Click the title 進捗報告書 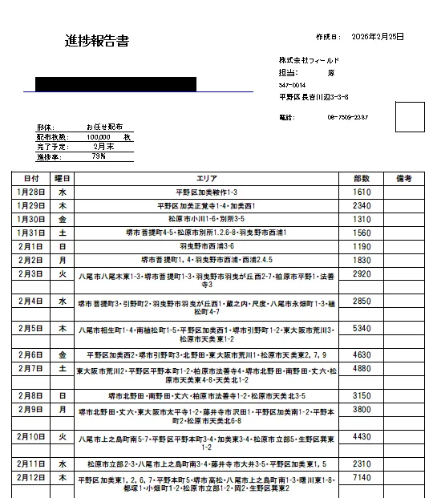pyautogui.click(x=97, y=42)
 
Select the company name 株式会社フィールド pyautogui.click(x=310, y=60)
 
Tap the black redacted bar pyautogui.click(x=116, y=84)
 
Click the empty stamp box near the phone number pyautogui.click(x=409, y=116)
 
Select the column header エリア pyautogui.click(x=206, y=179)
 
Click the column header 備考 pyautogui.click(x=403, y=179)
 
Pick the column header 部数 pyautogui.click(x=362, y=179)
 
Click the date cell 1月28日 pyautogui.click(x=31, y=192)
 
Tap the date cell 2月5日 pyautogui.click(x=31, y=329)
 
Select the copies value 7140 pyautogui.click(x=362, y=478)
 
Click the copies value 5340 pyautogui.click(x=362, y=329)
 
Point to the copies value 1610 pyautogui.click(x=362, y=192)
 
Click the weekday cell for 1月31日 pyautogui.click(x=63, y=233)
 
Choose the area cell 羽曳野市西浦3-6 pyautogui.click(x=206, y=246)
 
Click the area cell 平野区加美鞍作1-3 pyautogui.click(x=206, y=193)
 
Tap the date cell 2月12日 pyautogui.click(x=31, y=478)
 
